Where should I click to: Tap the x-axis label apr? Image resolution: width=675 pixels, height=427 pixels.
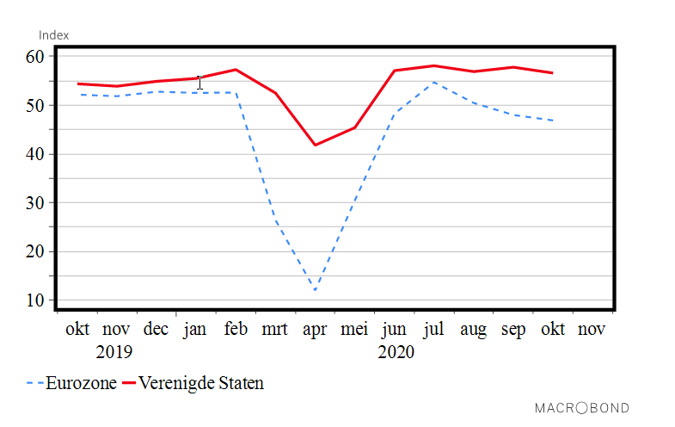(x=315, y=330)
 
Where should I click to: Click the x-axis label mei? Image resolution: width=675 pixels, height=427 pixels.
(x=354, y=330)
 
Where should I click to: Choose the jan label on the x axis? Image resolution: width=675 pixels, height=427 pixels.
(x=195, y=330)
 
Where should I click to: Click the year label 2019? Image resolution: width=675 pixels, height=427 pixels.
(x=114, y=352)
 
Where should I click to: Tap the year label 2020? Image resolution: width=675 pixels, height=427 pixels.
(x=396, y=352)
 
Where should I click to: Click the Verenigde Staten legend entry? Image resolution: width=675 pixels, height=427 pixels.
(x=193, y=383)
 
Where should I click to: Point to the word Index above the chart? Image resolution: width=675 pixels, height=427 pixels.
(x=53, y=35)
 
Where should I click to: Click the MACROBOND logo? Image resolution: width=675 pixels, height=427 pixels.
(x=582, y=408)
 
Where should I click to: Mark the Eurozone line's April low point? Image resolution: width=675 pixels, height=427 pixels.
(x=315, y=290)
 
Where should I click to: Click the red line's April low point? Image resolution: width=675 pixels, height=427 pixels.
(x=315, y=145)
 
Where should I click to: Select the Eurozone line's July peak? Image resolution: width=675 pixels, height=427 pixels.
(x=433, y=83)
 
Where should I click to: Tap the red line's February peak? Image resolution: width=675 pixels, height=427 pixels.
(x=236, y=70)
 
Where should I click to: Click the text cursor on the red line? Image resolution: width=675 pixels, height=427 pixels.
(x=199, y=82)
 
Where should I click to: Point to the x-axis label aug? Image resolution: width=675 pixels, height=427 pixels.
(x=473, y=330)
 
